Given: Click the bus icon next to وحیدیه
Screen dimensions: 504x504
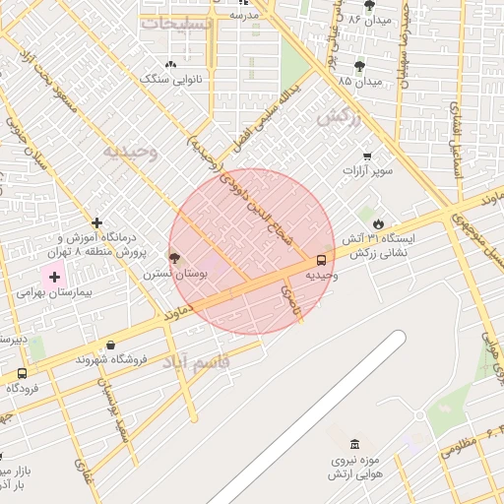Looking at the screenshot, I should tap(322, 261).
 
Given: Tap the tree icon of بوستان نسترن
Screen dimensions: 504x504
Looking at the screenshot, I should tap(175, 258).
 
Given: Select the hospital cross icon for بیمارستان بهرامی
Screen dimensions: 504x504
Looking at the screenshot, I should tap(54, 278).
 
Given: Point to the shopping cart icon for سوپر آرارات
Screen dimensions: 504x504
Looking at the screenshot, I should tap(367, 157).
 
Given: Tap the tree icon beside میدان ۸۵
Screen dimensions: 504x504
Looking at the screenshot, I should tap(357, 65).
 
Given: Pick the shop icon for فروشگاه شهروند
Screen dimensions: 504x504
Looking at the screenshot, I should tap(109, 346).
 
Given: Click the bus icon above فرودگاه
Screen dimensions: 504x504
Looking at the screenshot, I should tap(22, 374).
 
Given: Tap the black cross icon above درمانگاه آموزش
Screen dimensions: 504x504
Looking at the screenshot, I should tap(96, 222).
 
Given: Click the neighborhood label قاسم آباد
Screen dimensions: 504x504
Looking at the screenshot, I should tap(196, 362).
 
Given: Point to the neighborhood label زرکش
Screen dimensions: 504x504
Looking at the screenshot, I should tap(334, 116).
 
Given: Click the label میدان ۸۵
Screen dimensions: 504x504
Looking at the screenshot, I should tap(358, 80).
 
